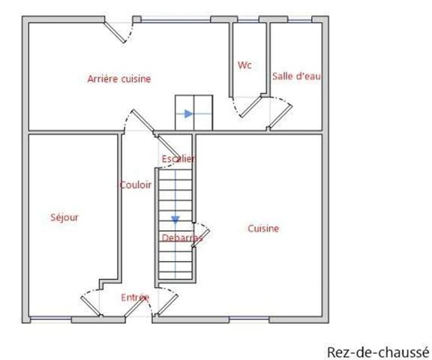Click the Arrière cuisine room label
(x=119, y=78)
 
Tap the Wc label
(x=244, y=65)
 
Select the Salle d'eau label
(x=297, y=75)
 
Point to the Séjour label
(x=64, y=217)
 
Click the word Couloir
(x=136, y=184)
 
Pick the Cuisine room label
(x=263, y=229)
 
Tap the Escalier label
(x=178, y=158)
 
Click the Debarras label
(x=181, y=238)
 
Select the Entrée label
(x=135, y=298)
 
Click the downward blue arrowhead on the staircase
(x=175, y=220)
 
